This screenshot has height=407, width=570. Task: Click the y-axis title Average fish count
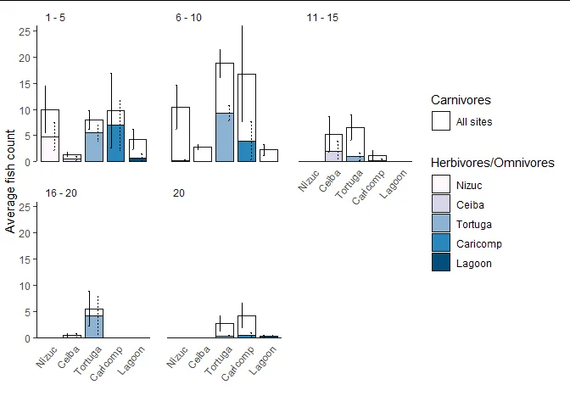pyautogui.click(x=11, y=181)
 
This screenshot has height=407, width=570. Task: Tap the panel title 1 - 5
pyautogui.click(x=56, y=18)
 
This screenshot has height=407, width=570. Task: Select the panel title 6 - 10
pyautogui.click(x=188, y=18)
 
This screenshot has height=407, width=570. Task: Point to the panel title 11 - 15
pyautogui.click(x=322, y=18)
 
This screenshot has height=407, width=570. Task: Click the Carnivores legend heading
pyautogui.click(x=460, y=100)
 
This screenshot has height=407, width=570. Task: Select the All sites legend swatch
pyautogui.click(x=440, y=122)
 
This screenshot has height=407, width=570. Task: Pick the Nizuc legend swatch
pyautogui.click(x=440, y=184)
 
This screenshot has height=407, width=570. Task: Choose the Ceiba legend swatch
pyautogui.click(x=440, y=203)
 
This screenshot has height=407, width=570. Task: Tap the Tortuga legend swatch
pyautogui.click(x=440, y=224)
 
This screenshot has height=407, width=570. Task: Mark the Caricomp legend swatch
pyautogui.click(x=440, y=243)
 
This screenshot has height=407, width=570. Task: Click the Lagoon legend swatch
pyautogui.click(x=440, y=263)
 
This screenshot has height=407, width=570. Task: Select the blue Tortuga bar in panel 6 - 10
pyautogui.click(x=224, y=137)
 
